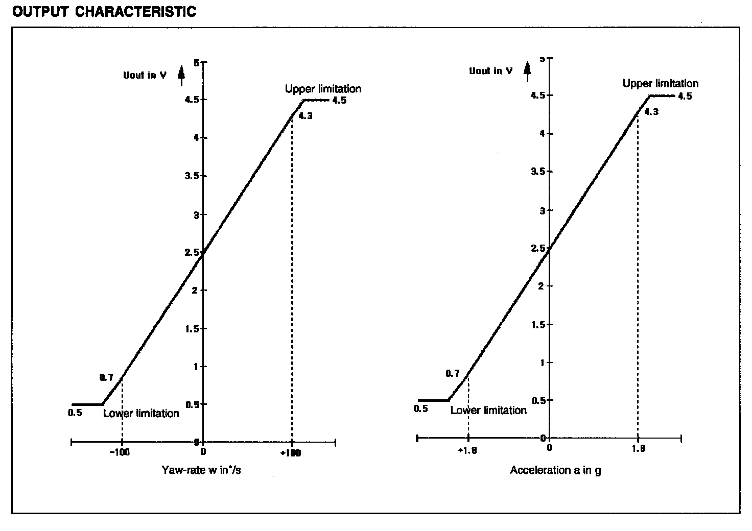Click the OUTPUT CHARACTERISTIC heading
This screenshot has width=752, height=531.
(104, 12)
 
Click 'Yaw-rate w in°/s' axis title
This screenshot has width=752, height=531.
(201, 470)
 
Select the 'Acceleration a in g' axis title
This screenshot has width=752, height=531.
(555, 470)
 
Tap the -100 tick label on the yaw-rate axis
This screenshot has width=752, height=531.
(121, 452)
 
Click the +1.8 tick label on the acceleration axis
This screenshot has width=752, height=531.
(467, 450)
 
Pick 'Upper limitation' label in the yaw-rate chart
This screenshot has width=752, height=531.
(323, 89)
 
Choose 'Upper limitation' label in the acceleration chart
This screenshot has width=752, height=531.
(660, 83)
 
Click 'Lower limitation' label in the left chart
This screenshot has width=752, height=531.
(141, 414)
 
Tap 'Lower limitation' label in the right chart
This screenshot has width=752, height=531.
(488, 410)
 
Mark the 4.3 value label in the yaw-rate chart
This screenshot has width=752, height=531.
(305, 116)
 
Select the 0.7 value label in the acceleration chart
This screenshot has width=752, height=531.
(453, 373)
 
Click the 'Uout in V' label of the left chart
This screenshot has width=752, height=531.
(145, 75)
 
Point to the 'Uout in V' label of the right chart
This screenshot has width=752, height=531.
(491, 71)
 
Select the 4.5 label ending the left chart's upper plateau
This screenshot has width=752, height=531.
(339, 100)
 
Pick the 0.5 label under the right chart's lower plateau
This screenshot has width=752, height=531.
(421, 408)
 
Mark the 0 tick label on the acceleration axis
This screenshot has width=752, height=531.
(549, 448)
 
